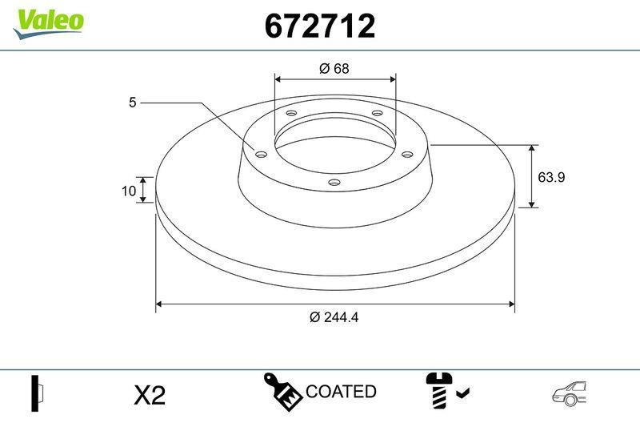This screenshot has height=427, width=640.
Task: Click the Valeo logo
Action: [48, 21]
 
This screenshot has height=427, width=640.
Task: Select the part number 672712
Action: [319, 26]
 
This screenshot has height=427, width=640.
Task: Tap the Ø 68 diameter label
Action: [334, 69]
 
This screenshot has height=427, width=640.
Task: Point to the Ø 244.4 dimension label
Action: [334, 317]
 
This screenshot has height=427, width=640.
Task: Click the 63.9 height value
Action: [551, 177]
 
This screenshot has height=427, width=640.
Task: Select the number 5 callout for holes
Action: [132, 103]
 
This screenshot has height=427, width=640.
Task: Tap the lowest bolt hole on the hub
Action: [334, 183]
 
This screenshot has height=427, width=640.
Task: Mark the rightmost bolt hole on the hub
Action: [406, 154]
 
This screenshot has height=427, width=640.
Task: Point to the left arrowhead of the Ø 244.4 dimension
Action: [160, 304]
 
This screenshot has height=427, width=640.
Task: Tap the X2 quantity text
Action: [149, 394]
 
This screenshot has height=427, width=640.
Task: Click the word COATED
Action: [341, 392]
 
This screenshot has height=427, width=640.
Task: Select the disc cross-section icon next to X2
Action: [37, 393]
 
